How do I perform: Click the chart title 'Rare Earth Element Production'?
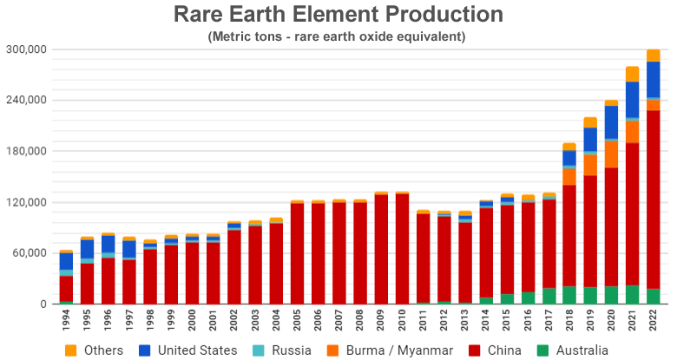click(x=338, y=15)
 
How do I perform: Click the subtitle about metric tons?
click(x=338, y=36)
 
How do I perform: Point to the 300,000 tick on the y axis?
click(x=27, y=49)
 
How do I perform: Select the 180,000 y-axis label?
click(x=27, y=152)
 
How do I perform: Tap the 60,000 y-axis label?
click(x=30, y=253)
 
